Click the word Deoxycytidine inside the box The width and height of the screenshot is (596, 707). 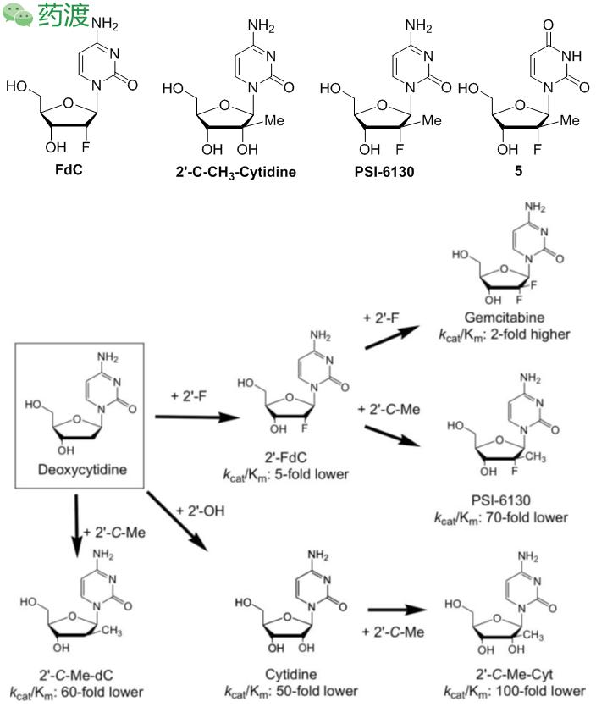tap(78, 468)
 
